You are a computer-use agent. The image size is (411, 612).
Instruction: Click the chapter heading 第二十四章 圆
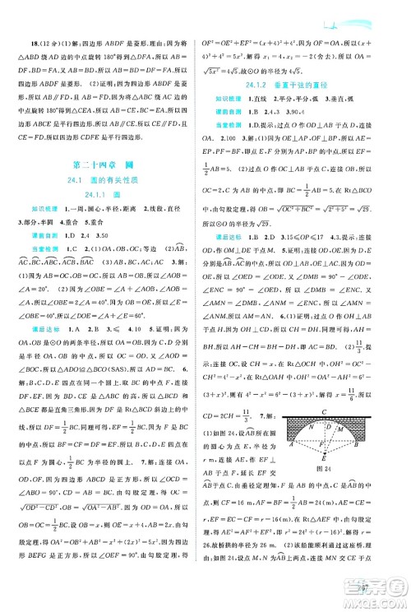tap(104, 142)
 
